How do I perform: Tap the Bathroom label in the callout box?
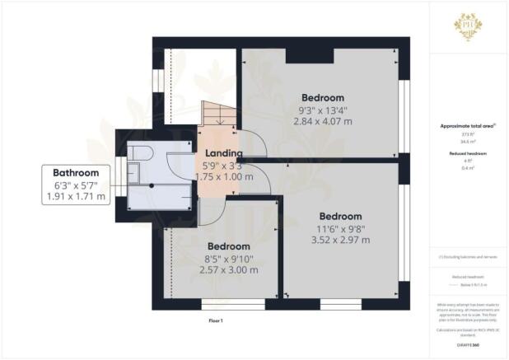(76, 173)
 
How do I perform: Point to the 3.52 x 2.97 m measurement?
(340, 241)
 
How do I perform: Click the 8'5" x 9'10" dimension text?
(228, 259)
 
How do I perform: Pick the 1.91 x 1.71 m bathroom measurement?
(76, 197)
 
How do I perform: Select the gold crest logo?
(468, 26)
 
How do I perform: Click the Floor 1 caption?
(217, 320)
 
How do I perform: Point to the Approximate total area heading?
(467, 126)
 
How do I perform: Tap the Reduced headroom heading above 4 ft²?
(467, 154)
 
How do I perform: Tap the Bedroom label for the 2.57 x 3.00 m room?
(228, 246)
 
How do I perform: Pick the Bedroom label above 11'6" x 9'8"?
(341, 216)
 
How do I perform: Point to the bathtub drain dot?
(152, 186)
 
